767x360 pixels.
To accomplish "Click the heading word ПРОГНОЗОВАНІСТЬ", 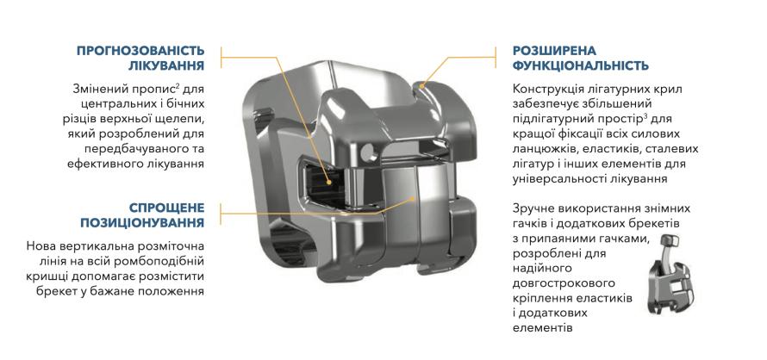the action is [x=140, y=51].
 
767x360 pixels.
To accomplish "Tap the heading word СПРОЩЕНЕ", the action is [x=167, y=208].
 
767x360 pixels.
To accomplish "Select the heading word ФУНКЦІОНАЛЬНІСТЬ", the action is [x=581, y=65].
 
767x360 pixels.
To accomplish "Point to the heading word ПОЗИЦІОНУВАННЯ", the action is [x=142, y=222].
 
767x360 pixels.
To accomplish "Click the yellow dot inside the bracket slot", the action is [x=329, y=183].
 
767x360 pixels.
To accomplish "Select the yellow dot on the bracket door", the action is [x=415, y=199].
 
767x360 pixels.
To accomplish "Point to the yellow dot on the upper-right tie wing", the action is [x=421, y=84].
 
